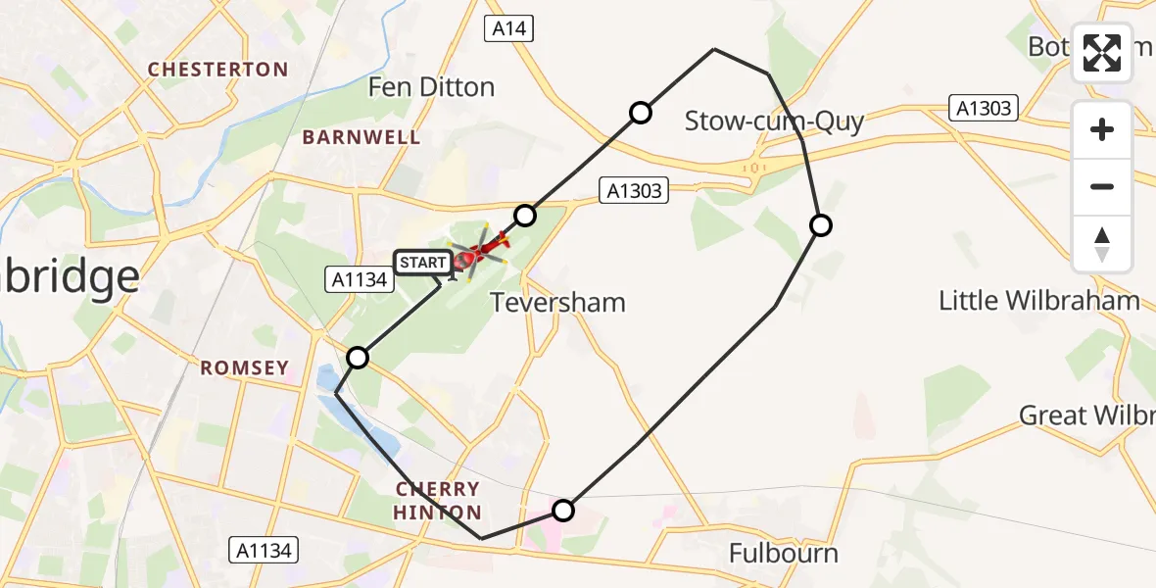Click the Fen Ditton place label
click(x=431, y=87)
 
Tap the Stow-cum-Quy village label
click(x=774, y=122)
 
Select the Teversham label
click(x=557, y=302)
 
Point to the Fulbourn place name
click(x=784, y=554)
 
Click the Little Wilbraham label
click(x=1038, y=300)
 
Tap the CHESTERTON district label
click(x=217, y=70)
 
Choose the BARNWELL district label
click(x=361, y=137)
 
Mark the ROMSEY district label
click(x=245, y=368)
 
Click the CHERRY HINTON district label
click(x=438, y=501)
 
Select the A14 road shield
click(x=509, y=29)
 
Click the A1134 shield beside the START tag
click(x=359, y=280)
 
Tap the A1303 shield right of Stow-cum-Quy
click(x=985, y=108)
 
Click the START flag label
click(x=422, y=263)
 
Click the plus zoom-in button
click(x=1102, y=129)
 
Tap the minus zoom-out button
click(x=1102, y=186)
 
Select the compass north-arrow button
click(x=1102, y=243)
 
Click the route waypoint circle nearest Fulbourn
click(x=563, y=510)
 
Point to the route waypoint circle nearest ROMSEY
click(x=359, y=358)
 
